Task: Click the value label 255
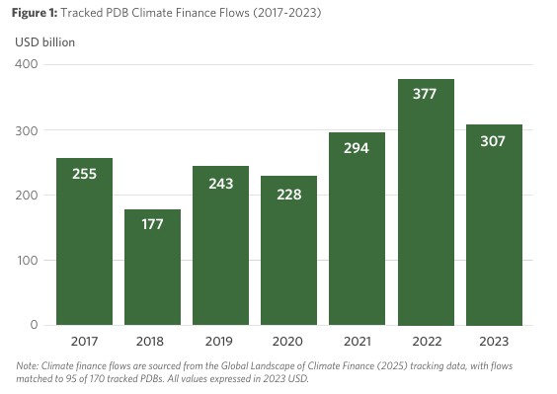pyautogui.click(x=84, y=174)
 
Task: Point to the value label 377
pyautogui.click(x=426, y=95)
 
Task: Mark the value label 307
pyautogui.click(x=494, y=141)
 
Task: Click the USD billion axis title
pyautogui.click(x=44, y=42)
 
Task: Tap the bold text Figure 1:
pyautogui.click(x=37, y=13)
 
